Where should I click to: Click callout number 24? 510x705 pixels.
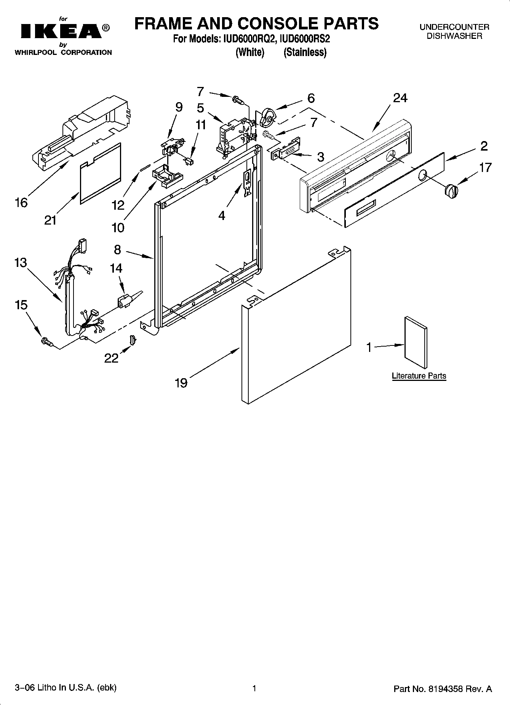point(400,98)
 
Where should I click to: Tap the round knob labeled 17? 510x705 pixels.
point(451,191)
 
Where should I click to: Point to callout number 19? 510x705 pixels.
point(181,382)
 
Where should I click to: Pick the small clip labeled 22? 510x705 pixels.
point(133,339)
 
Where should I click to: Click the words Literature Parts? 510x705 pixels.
point(419,376)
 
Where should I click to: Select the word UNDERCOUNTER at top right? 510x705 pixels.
point(454,27)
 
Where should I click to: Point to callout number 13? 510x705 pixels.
point(21,262)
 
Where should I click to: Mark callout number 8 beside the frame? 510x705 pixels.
point(117,250)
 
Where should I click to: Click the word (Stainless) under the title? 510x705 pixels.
point(304,52)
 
